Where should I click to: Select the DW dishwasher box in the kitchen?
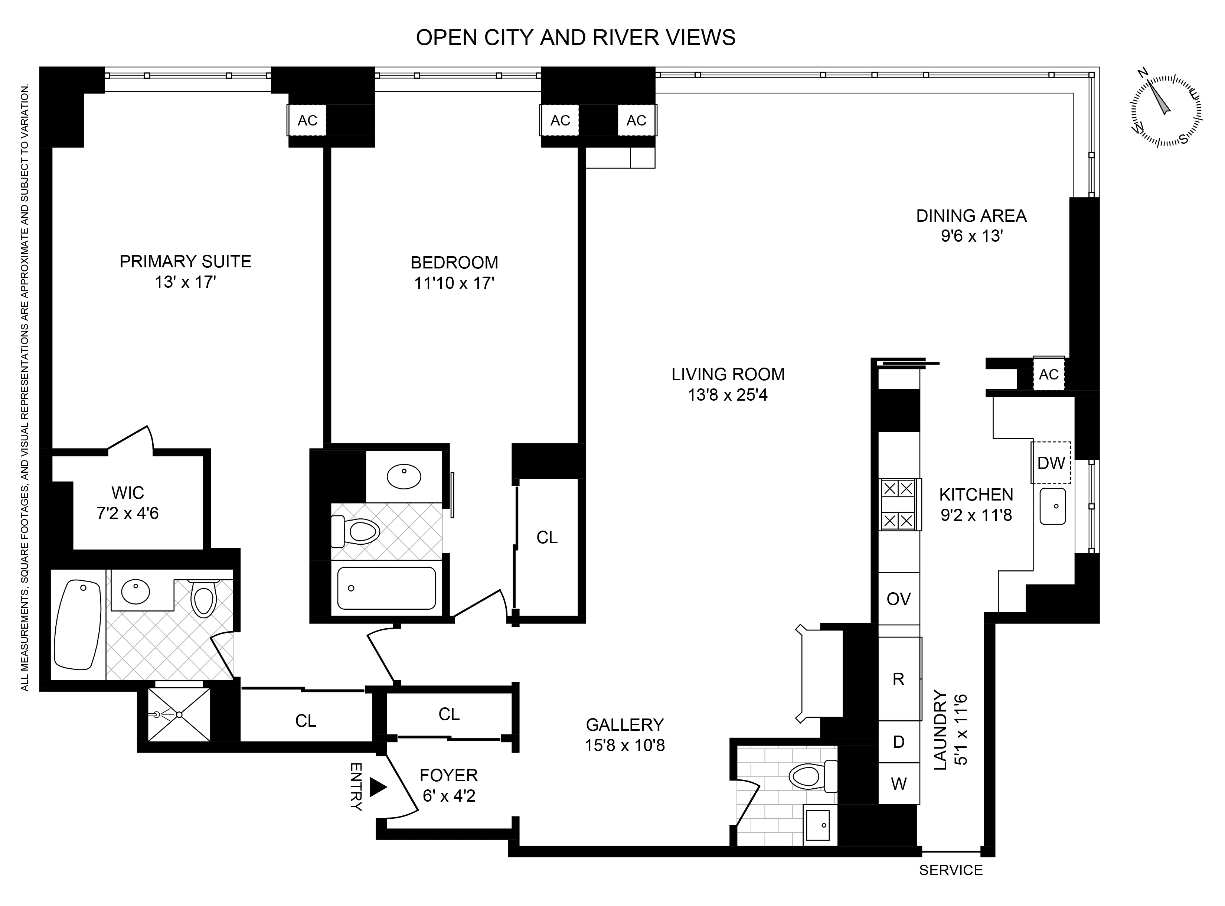click(x=1051, y=463)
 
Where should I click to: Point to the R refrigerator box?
click(x=899, y=679)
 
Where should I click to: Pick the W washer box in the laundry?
click(x=899, y=784)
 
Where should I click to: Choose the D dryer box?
click(x=899, y=742)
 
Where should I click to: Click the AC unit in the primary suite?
click(x=307, y=120)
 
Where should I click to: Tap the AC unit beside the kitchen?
click(x=1048, y=374)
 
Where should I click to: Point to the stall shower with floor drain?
click(x=179, y=715)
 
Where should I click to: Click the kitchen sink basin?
click(x=1052, y=506)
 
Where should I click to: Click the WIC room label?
click(x=127, y=492)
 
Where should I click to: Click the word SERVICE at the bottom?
click(x=951, y=870)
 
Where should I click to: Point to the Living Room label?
click(x=728, y=375)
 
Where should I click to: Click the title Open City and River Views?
click(x=575, y=37)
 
